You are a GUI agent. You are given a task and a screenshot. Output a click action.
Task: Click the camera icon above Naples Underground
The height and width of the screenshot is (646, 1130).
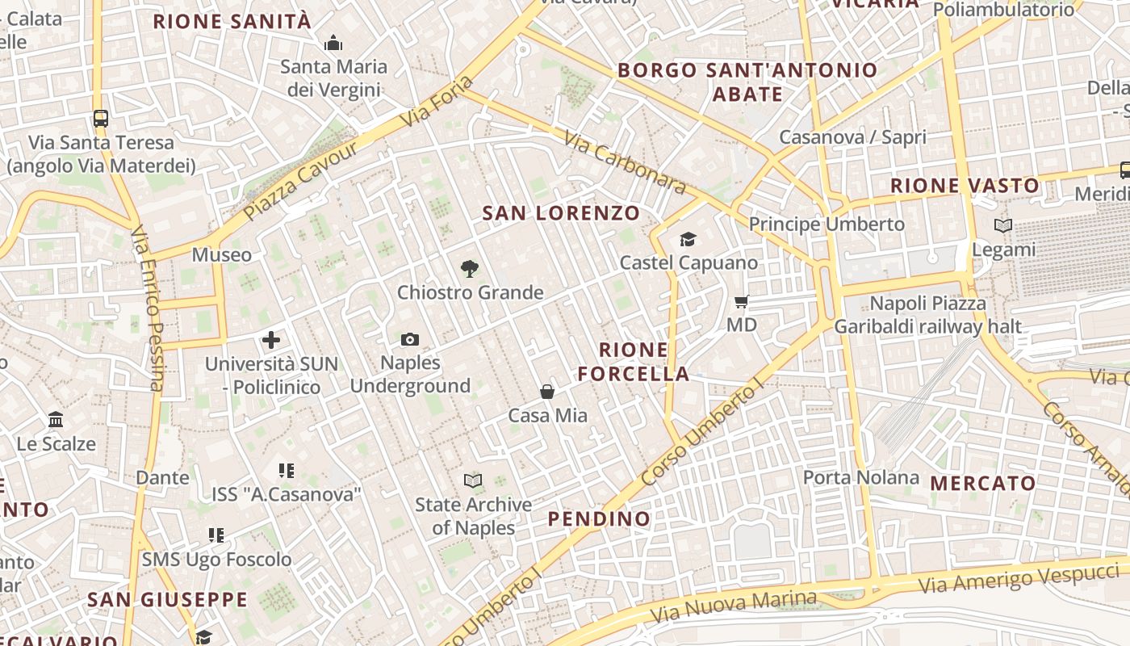[x=410, y=340]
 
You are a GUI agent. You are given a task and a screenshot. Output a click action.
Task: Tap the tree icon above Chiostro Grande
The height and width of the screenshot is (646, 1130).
[x=469, y=269]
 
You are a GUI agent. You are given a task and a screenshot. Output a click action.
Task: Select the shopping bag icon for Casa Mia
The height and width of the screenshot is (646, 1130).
[x=547, y=392]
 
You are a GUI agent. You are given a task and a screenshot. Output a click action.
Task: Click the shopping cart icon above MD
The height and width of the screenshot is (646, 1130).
[x=741, y=302]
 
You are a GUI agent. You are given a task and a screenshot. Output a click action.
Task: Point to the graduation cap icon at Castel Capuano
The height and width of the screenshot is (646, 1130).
[x=688, y=240]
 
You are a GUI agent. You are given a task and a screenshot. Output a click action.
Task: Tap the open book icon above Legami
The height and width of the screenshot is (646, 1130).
[x=1003, y=227]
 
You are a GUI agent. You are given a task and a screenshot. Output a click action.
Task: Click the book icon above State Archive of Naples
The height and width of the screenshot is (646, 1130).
[x=473, y=481]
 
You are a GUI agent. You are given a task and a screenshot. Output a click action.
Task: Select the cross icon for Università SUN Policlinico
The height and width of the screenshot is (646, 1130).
[x=271, y=341]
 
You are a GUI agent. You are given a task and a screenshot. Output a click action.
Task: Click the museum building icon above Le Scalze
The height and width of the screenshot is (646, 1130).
[x=56, y=420]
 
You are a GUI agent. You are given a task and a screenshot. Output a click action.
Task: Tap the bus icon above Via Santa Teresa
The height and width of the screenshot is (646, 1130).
[x=101, y=119]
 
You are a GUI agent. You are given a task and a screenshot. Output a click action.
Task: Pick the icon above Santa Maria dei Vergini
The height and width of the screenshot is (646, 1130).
[x=333, y=44]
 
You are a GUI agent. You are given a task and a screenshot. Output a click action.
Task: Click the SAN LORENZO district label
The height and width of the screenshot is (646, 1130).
[x=561, y=213]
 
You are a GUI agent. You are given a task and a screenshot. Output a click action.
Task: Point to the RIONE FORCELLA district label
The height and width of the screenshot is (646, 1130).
[x=644, y=362]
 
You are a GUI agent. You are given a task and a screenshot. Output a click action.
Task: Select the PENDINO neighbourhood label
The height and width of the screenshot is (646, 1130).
[x=599, y=518]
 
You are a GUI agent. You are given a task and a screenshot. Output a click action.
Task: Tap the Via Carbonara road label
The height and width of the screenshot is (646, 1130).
[x=626, y=164]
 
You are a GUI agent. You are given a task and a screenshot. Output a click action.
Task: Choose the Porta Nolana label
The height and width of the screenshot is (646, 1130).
[x=860, y=477]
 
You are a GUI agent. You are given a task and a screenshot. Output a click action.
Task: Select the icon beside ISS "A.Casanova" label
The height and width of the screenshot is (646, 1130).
[x=286, y=470]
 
